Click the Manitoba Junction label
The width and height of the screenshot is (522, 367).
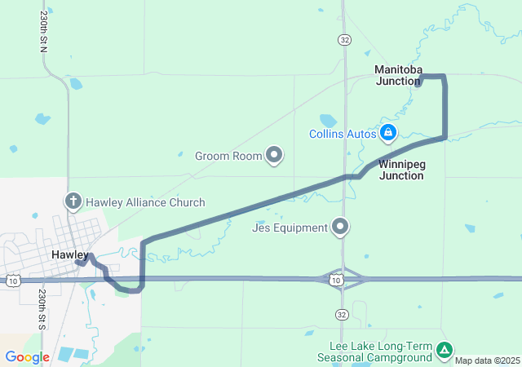tap(398, 75)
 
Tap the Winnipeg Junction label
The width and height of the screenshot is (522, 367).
tap(402, 170)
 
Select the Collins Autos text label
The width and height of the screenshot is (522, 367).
tap(343, 134)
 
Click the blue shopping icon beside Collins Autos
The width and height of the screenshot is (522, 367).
tap(389, 132)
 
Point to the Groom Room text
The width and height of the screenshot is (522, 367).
tap(228, 156)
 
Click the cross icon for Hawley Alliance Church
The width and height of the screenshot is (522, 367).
tap(73, 201)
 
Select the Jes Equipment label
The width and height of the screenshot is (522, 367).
tap(290, 228)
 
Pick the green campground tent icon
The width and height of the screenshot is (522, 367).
tap(444, 351)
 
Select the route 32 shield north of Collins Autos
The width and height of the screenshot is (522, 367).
tap(345, 39)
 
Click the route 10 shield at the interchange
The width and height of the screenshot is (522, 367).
tap(336, 281)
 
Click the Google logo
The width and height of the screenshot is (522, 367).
tap(27, 357)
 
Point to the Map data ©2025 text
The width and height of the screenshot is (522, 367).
tap(486, 360)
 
